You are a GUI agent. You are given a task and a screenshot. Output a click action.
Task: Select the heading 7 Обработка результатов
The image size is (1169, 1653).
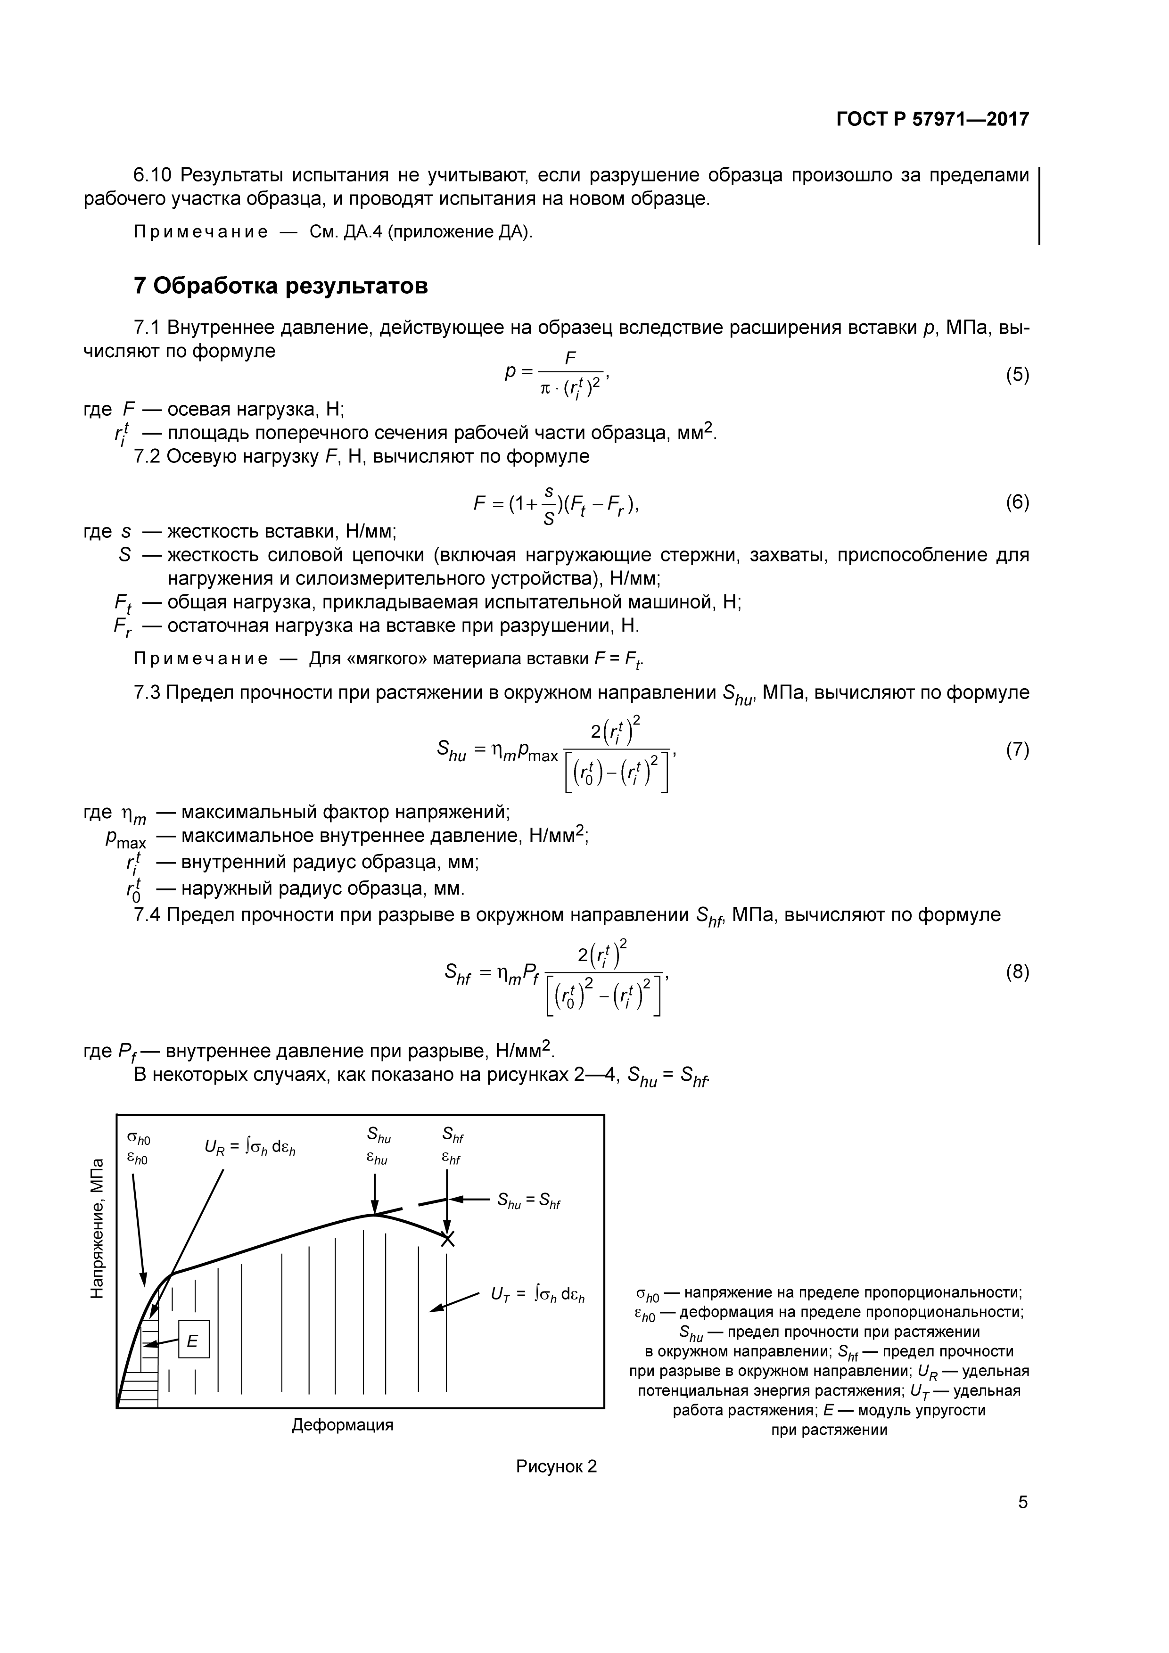[x=281, y=286]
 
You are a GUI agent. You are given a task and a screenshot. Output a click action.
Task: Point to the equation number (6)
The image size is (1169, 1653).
[x=1017, y=502]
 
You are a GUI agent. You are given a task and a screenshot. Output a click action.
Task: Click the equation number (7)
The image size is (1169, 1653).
[x=1017, y=750]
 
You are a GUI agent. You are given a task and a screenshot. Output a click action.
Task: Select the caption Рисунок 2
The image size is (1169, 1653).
[x=556, y=1466]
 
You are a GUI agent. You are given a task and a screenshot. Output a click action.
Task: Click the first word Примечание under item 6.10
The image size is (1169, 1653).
[x=201, y=232]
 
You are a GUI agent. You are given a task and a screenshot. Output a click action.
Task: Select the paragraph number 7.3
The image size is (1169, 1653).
[x=148, y=692]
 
